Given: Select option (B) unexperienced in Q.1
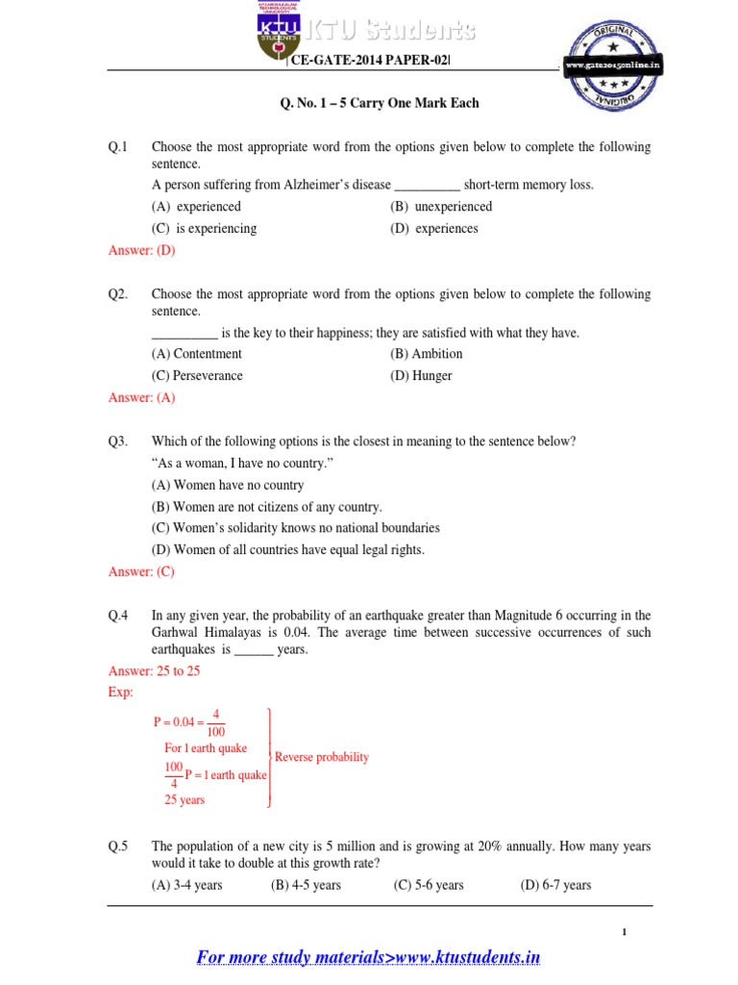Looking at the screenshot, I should point(441,207).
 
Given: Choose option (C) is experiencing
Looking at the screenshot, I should point(204,229).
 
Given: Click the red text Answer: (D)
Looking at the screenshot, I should point(141,251).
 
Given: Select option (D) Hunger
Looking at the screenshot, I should point(421,376).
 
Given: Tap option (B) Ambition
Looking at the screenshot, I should point(426,354).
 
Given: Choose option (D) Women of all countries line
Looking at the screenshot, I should point(288,550).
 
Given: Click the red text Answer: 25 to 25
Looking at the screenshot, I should point(154,671).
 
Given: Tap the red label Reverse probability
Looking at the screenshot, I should point(322,757).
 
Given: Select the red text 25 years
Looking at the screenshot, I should point(184,799).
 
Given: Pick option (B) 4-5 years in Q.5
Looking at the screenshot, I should point(306,885).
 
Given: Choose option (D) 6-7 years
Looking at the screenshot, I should point(555,885).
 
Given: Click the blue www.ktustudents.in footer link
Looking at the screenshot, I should point(368,957).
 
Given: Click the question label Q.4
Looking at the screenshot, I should point(118,616).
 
